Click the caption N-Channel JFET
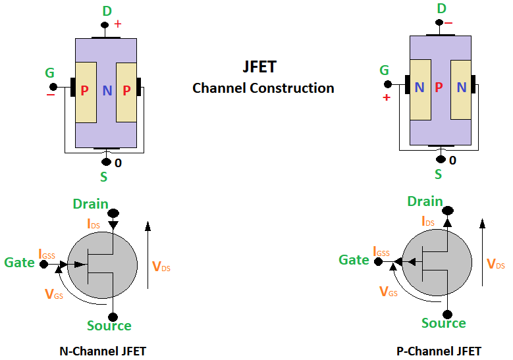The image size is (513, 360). (x=102, y=351)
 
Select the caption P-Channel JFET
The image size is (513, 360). (x=439, y=351)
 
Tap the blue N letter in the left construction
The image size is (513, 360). (x=107, y=91)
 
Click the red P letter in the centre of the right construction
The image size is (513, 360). (x=439, y=88)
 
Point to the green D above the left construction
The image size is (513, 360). (x=107, y=11)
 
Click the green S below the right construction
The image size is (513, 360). (x=439, y=174)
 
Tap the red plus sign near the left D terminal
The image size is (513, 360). (x=119, y=24)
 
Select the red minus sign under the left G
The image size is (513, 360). (x=51, y=95)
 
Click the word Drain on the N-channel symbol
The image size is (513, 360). (x=91, y=205)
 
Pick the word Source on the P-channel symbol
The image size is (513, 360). (x=444, y=322)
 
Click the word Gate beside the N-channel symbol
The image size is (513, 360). (x=19, y=263)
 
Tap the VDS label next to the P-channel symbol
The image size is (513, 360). (x=496, y=264)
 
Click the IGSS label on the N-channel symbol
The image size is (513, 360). (x=48, y=253)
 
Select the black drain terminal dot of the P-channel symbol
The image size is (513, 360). (x=448, y=211)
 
